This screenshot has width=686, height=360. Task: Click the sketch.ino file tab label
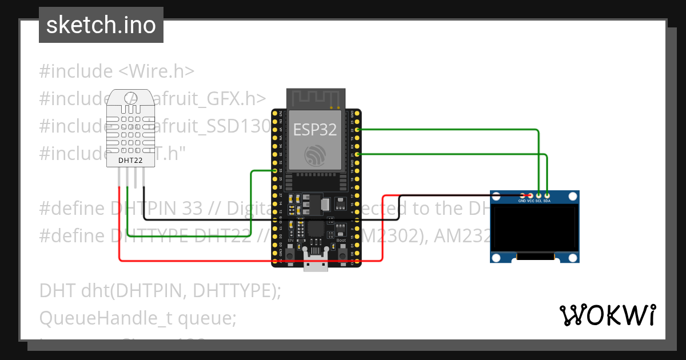coord(101,25)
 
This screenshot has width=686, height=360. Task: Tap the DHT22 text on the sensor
coord(130,161)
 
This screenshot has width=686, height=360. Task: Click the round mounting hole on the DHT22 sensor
coord(130,98)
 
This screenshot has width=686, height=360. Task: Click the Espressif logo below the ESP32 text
coord(316,155)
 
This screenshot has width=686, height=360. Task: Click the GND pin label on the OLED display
coord(522,201)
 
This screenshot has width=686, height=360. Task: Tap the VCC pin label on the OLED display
coord(530,201)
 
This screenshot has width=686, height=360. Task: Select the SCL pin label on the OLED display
coord(539,201)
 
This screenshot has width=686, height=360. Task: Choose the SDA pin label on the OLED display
coord(547,201)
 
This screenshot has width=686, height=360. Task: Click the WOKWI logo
coord(607,315)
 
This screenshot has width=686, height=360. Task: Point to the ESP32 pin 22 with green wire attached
coord(358,130)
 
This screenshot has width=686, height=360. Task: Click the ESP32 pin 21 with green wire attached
coord(358,154)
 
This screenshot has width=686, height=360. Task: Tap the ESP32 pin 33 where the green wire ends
coord(275,170)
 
